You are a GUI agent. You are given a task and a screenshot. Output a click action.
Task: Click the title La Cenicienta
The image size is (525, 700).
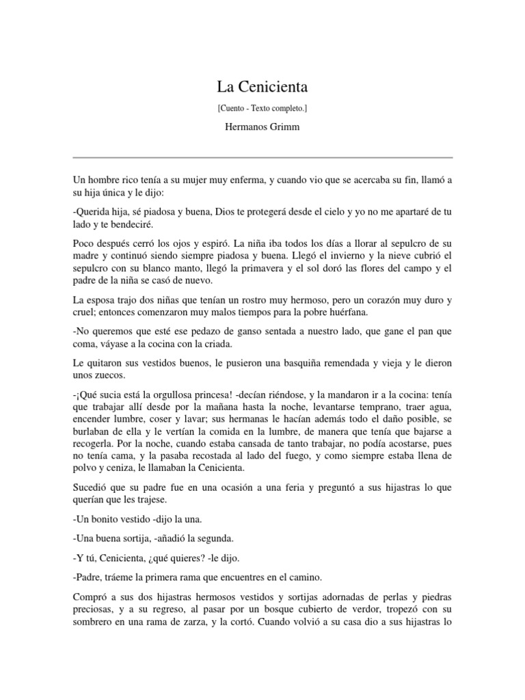[x=262, y=87]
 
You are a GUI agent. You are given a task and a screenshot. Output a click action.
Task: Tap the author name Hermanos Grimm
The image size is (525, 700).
[x=262, y=127]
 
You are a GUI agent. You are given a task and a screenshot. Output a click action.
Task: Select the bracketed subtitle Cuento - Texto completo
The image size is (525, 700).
[x=262, y=108]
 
